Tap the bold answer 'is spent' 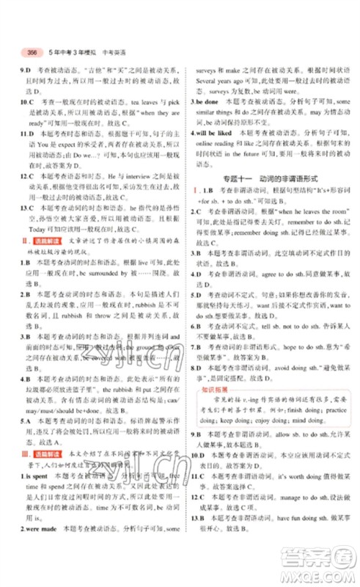tap(29, 517)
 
